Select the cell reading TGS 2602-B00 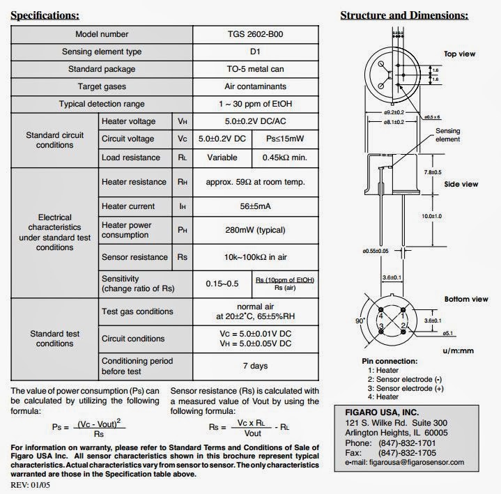(256, 34)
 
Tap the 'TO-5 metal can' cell (256, 69)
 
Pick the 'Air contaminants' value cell (256, 86)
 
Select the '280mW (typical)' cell (256, 230)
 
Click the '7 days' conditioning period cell (256, 365)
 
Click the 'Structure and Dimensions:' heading (403, 15)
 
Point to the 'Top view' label (459, 54)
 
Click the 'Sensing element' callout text (448, 135)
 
